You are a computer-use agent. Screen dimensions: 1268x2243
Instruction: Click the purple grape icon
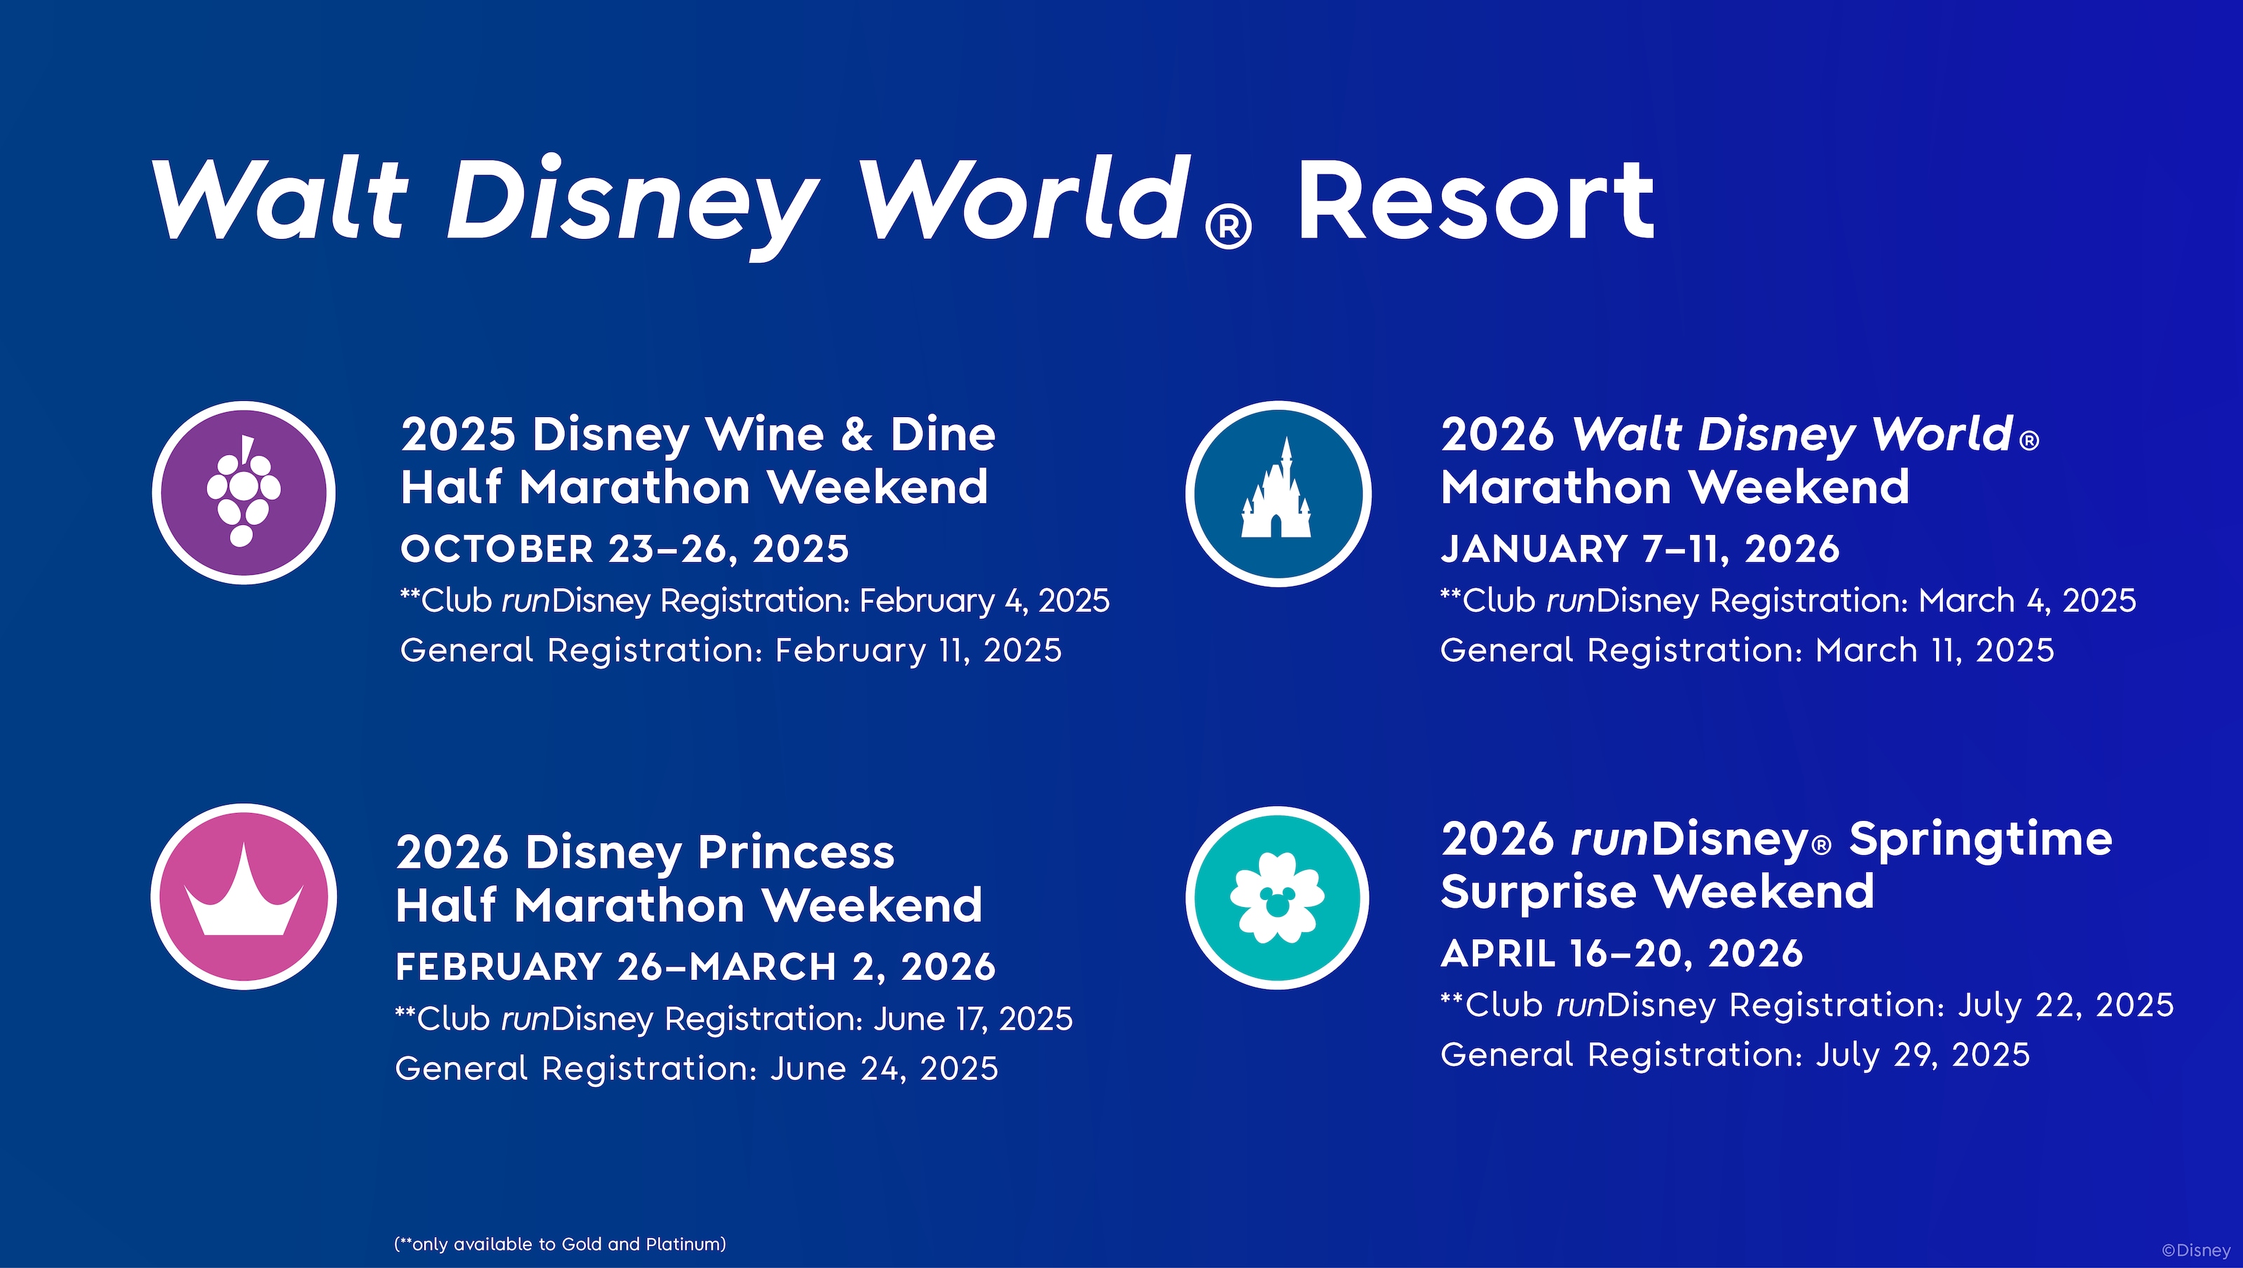[x=244, y=493]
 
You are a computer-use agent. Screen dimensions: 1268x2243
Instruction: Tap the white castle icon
[x=1277, y=493]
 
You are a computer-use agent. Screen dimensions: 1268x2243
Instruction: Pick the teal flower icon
[x=1277, y=898]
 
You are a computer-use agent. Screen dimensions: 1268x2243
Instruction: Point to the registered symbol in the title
[x=1229, y=226]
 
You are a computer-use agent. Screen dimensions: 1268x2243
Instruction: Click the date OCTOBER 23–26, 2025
[x=625, y=550]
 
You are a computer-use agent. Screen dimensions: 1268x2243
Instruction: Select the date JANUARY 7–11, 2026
[x=1639, y=550]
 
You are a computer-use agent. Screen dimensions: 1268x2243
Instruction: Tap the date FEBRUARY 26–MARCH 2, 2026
[x=695, y=967]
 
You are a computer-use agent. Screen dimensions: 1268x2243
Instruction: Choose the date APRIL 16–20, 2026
[x=1621, y=953]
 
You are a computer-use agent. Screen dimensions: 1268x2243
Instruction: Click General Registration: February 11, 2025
[x=730, y=650]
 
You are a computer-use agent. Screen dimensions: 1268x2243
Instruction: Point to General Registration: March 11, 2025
[x=1747, y=650]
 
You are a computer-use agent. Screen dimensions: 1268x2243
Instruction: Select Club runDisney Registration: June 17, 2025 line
[x=734, y=1019]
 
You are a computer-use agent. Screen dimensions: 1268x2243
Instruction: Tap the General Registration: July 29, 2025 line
[x=1735, y=1056]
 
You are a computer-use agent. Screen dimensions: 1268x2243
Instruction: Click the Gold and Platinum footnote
[x=560, y=1244]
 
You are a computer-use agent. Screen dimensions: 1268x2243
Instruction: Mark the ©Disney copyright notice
[x=2196, y=1250]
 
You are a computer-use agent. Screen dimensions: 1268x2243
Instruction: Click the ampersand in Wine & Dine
[x=857, y=434]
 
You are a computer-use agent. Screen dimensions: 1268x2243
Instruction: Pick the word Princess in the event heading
[x=796, y=852]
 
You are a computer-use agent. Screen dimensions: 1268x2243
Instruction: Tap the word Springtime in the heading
[x=1980, y=840]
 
